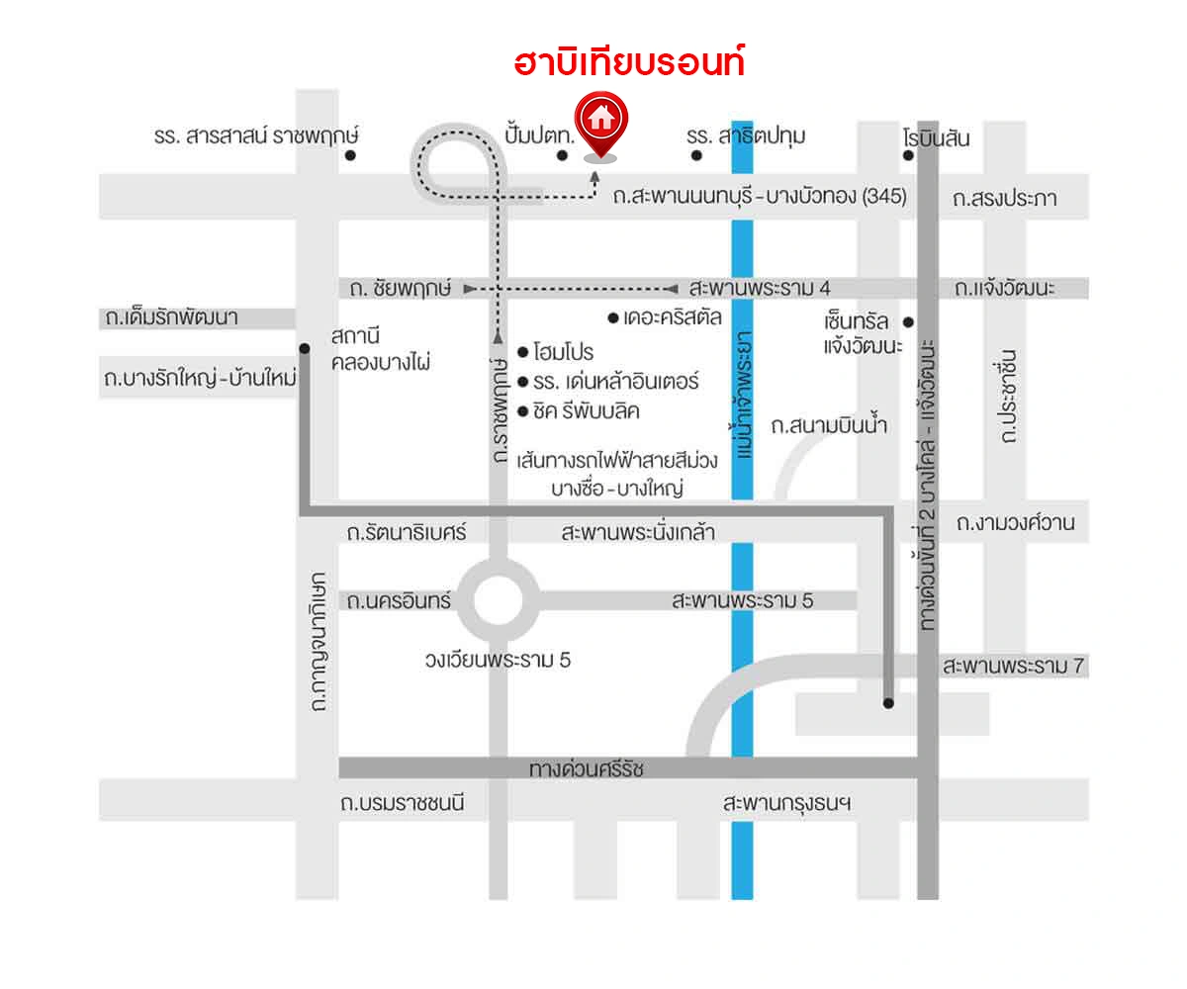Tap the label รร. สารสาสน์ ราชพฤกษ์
click(x=255, y=136)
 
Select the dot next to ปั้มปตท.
click(x=561, y=155)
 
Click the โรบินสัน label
click(x=936, y=138)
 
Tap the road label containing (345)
click(x=759, y=196)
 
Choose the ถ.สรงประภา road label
click(x=1004, y=199)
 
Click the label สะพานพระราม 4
click(x=759, y=288)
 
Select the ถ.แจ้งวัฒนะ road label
click(x=1005, y=289)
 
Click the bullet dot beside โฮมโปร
click(x=523, y=351)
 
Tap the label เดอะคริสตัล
click(x=672, y=317)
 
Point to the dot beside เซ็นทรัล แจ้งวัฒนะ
click(x=908, y=321)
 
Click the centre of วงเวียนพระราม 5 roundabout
click(x=497, y=600)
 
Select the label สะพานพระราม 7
click(x=1014, y=667)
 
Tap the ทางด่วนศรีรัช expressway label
click(x=586, y=768)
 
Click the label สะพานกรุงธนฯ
click(x=787, y=803)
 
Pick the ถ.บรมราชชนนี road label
click(x=402, y=803)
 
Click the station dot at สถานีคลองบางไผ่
click(x=305, y=348)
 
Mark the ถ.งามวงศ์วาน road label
click(x=1015, y=522)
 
